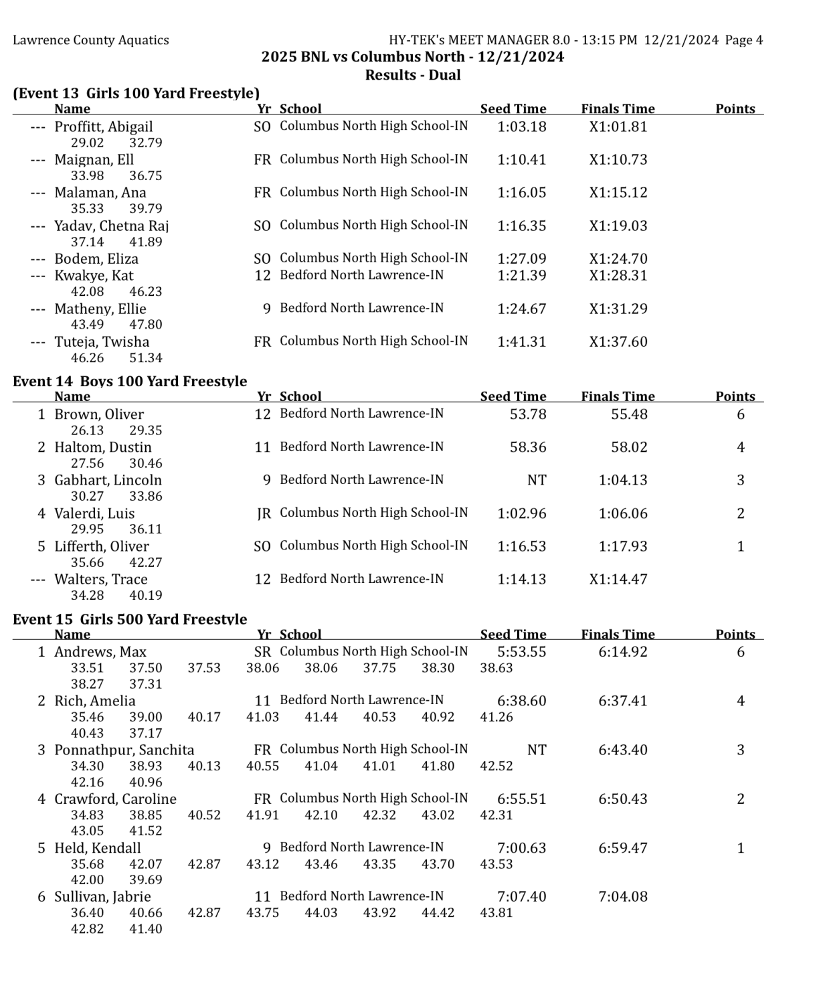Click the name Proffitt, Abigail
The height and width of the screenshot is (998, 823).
click(103, 127)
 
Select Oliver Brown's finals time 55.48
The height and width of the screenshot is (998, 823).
click(629, 414)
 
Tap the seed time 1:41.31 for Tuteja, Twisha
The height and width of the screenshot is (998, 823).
click(521, 341)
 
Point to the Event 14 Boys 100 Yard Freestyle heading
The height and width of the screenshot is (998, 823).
click(130, 381)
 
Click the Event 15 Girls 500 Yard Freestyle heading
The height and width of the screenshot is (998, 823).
click(130, 618)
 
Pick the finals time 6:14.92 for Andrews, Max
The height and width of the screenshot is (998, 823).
click(622, 651)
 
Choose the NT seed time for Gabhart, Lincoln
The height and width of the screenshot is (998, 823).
click(537, 480)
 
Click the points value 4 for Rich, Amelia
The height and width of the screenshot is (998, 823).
click(740, 701)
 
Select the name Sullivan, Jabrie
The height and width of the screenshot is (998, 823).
click(102, 896)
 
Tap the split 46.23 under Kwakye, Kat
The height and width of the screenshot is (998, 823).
click(145, 291)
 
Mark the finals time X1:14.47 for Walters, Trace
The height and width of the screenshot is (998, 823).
click(618, 579)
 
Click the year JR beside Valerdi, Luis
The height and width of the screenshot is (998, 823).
click(264, 513)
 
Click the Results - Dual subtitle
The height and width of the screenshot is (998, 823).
click(412, 75)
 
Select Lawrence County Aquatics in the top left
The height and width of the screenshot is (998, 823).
click(91, 40)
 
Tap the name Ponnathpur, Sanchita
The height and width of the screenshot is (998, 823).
click(124, 750)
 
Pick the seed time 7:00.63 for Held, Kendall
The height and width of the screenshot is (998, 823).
click(521, 848)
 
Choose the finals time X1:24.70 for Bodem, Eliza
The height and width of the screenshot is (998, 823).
click(618, 258)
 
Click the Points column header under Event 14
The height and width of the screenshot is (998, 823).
click(735, 396)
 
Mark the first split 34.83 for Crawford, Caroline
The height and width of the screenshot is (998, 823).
click(87, 815)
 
